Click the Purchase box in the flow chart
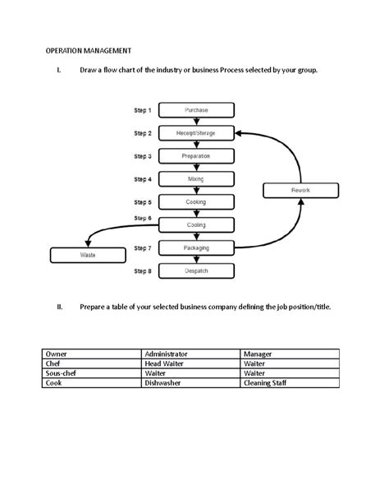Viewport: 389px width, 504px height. (196, 109)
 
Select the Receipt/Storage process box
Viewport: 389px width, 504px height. (196, 132)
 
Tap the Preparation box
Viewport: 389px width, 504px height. (196, 155)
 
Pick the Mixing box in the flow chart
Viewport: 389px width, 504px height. (196, 178)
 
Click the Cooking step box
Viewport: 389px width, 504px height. (196, 201)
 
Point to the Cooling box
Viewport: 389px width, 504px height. (196, 224)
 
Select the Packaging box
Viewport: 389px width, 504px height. (196, 247)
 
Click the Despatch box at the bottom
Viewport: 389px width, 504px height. (196, 270)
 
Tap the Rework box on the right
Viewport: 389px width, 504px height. (300, 191)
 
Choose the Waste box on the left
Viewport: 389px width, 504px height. (88, 255)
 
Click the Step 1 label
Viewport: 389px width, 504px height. (142, 109)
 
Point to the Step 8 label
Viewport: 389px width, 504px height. (142, 270)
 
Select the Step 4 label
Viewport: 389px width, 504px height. (142, 178)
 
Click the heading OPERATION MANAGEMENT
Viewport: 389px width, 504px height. (88, 51)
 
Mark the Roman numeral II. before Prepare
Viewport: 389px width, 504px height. (59, 307)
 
